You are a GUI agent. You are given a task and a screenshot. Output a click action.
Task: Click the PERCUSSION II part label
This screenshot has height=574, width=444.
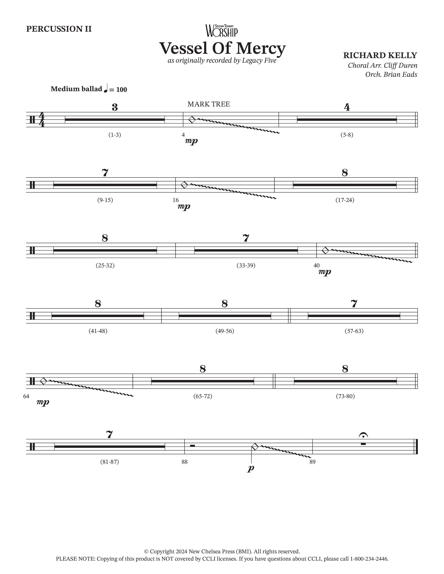59,29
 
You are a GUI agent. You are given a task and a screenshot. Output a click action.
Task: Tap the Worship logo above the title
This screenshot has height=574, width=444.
222,31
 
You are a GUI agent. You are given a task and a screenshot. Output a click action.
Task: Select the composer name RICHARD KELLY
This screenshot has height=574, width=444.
380,55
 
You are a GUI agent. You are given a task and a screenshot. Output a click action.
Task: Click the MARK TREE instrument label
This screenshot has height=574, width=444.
209,104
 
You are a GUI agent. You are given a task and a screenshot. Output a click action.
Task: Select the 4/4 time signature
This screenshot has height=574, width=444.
42,120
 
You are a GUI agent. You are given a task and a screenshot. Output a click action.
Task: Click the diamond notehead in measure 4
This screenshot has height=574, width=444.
192,120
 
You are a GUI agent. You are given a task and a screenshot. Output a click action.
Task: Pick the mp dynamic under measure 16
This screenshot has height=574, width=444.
184,207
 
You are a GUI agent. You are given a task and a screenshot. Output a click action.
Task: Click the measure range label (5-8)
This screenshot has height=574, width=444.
347,135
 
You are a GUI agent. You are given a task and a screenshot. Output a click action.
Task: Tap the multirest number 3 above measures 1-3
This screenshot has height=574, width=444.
115,107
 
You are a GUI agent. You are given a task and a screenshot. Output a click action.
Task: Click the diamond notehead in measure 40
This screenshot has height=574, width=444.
325,250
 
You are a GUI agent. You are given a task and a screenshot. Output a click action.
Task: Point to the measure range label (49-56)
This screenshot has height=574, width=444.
225,331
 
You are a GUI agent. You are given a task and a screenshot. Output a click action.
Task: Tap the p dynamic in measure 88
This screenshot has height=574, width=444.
251,468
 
